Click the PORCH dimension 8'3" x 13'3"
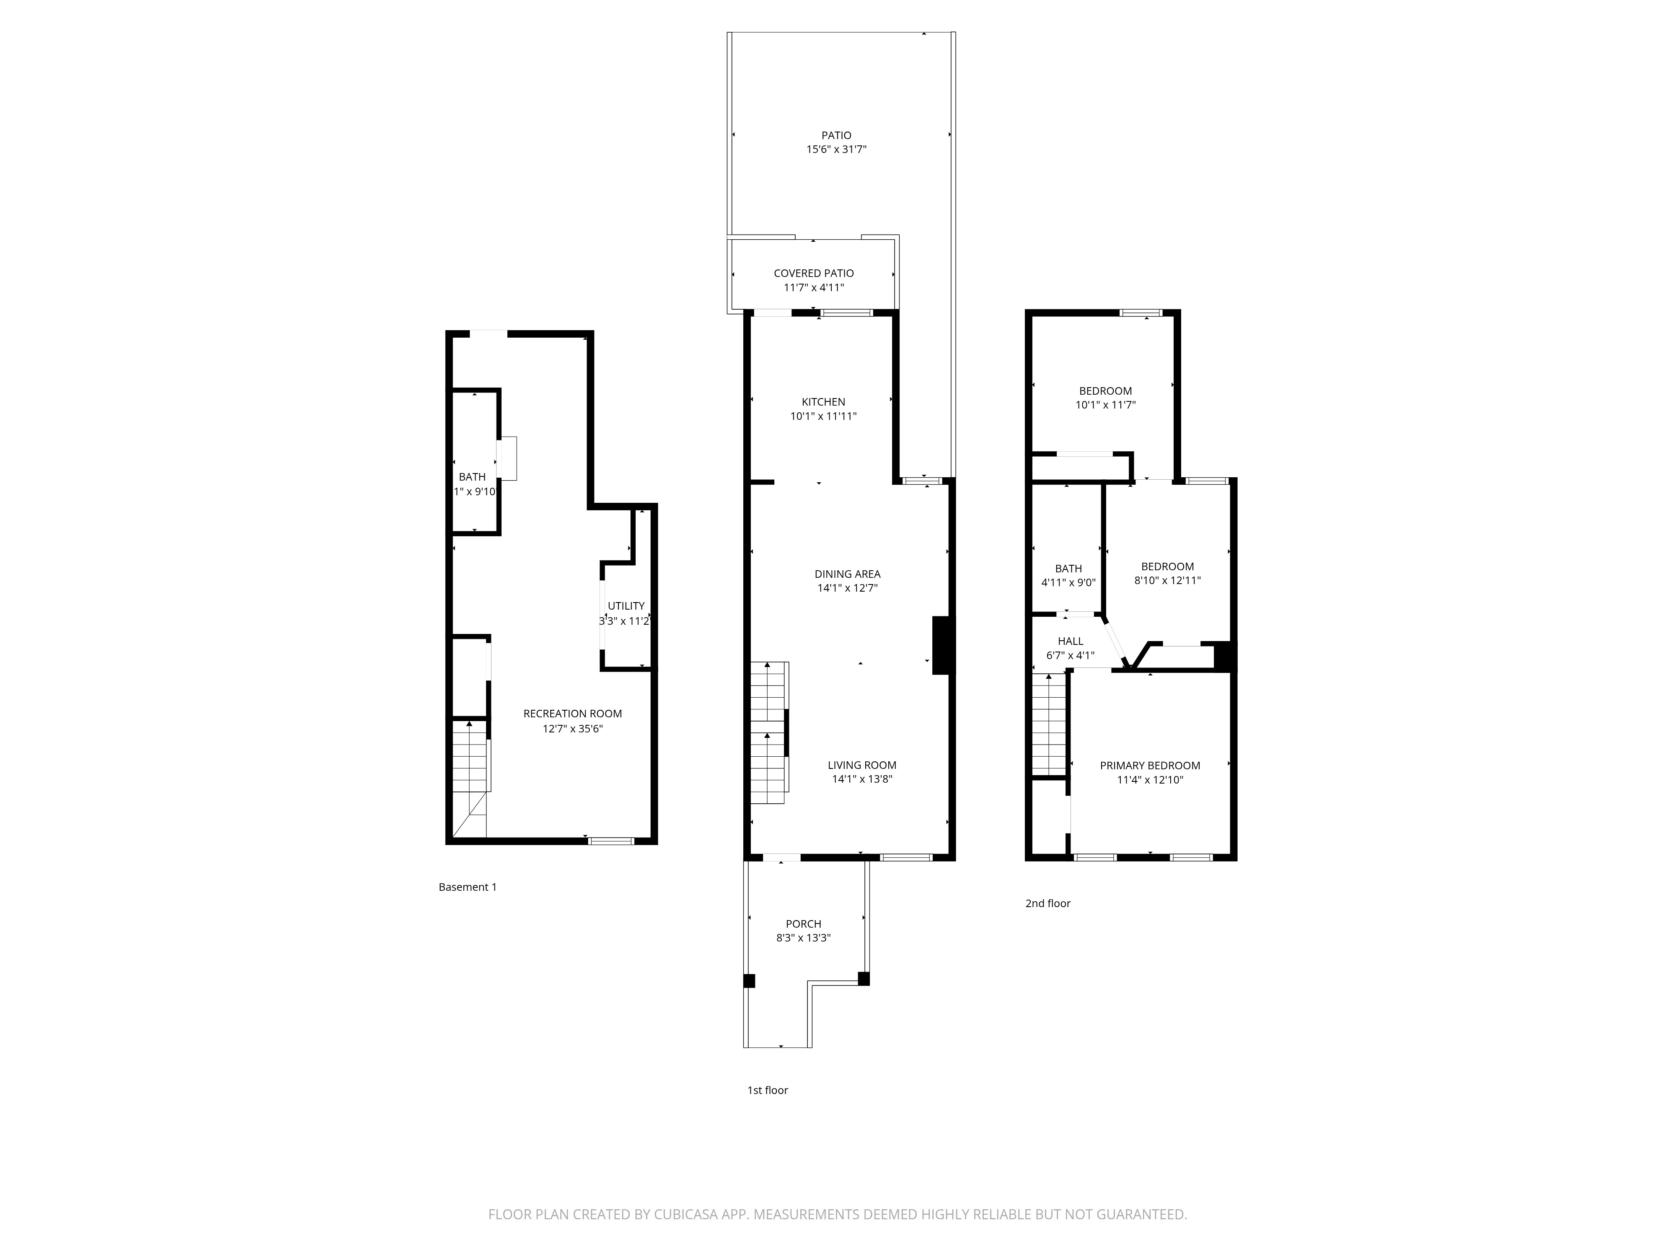point(803,938)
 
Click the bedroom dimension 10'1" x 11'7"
point(1105,405)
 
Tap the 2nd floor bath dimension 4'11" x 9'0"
point(1068,583)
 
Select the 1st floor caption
point(768,1090)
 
